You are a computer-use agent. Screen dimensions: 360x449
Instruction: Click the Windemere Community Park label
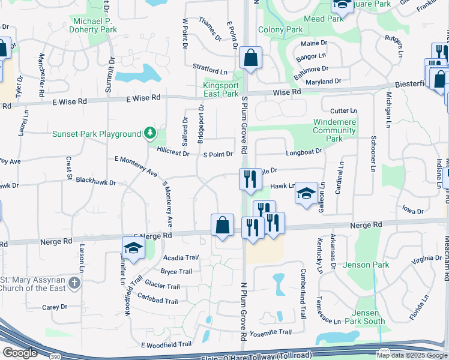point(326,130)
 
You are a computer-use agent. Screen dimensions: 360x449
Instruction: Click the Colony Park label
point(280,29)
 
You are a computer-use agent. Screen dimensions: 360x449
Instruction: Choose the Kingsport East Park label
point(221,89)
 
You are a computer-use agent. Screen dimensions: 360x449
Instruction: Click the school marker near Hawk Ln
point(306,193)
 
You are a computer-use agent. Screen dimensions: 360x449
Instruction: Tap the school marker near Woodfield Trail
point(133,247)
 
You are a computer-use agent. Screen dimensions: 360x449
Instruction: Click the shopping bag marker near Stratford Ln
point(250,58)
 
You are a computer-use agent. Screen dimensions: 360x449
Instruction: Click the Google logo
point(20,353)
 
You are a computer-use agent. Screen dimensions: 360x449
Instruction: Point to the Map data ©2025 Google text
point(412,355)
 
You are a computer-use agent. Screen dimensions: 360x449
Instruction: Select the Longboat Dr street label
point(304,152)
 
